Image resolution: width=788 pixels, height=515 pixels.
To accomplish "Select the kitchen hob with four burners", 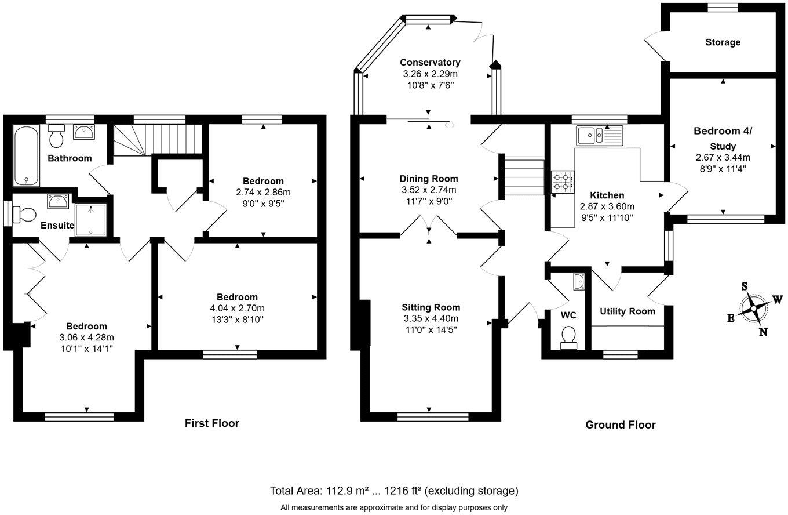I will (x=563, y=182).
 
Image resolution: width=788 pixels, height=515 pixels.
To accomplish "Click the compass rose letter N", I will (x=763, y=332).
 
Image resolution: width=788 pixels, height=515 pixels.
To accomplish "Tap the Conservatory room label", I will (x=430, y=62).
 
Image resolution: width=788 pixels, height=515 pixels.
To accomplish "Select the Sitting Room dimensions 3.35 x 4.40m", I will (x=431, y=318).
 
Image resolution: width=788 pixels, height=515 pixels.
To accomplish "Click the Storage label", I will (x=723, y=42).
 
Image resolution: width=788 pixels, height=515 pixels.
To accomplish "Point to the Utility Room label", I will (x=628, y=311).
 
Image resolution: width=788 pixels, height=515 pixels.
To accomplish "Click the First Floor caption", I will (x=211, y=423).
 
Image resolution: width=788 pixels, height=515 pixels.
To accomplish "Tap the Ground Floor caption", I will (x=620, y=425).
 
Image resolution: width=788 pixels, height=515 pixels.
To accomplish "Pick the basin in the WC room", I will (x=578, y=281).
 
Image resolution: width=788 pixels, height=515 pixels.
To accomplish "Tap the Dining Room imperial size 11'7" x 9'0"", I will (x=429, y=201).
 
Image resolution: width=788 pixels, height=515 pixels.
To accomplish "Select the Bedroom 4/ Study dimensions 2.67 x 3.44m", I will (x=723, y=158).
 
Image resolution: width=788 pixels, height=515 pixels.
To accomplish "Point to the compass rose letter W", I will (x=778, y=300).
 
